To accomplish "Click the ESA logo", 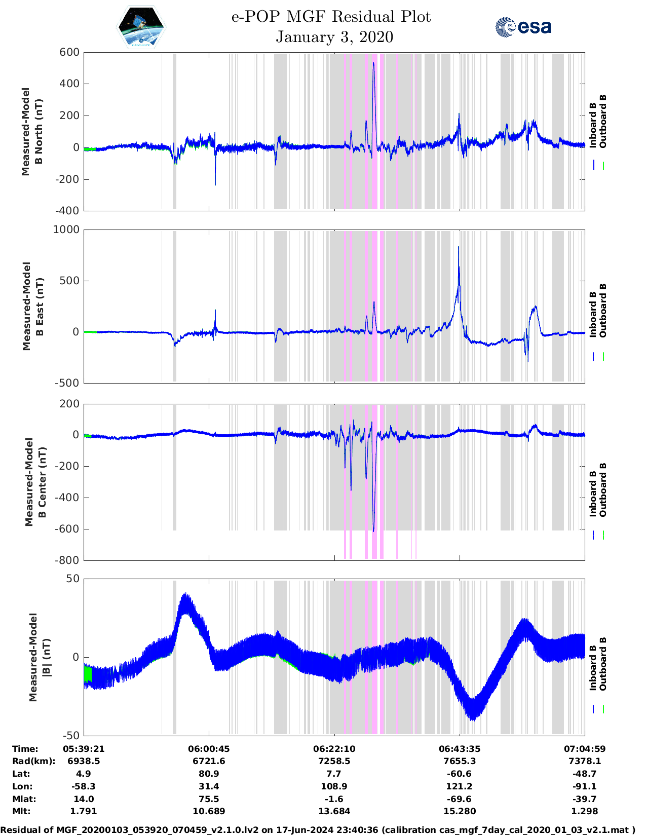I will pos(523,27).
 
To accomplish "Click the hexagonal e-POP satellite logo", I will pos(141,27).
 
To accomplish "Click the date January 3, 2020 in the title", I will pos(334,37).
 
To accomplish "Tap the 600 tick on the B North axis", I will pos(69,52).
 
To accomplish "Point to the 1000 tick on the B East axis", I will pos(66,230).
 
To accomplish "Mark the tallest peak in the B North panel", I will pos(373,63).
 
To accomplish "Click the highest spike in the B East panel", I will pos(459,247).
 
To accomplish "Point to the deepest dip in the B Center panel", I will pos(373,530).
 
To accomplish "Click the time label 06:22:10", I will pos(334,749).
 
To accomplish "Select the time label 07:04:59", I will pos(585,749).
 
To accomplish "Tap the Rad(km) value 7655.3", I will pos(460,761).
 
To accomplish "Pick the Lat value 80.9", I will pos(209,774).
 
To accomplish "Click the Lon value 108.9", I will pos(334,786).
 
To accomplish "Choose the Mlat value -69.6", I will pos(460,799).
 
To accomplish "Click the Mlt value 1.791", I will pos(84,811).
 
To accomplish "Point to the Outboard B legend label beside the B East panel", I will pos(603,311).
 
